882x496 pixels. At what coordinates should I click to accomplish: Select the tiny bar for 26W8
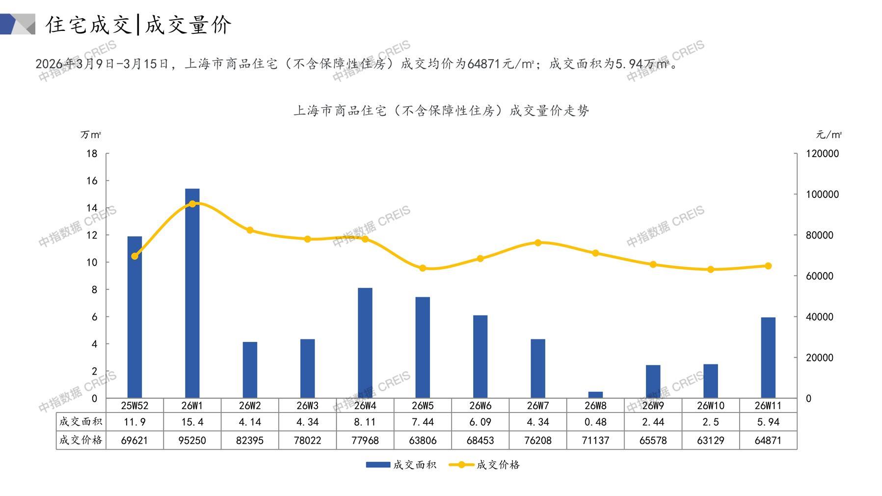click(x=595, y=395)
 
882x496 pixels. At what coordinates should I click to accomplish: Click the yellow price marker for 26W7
click(x=538, y=243)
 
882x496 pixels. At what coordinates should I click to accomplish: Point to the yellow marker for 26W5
click(x=423, y=268)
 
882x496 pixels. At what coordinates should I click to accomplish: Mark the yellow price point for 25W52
click(x=135, y=256)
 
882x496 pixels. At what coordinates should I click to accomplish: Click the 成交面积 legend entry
click(x=401, y=465)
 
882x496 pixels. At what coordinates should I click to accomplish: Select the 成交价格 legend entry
click(x=484, y=465)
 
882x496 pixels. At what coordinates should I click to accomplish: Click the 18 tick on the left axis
click(x=92, y=154)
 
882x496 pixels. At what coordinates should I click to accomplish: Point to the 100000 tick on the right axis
click(x=822, y=194)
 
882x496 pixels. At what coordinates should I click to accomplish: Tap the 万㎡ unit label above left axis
click(x=91, y=135)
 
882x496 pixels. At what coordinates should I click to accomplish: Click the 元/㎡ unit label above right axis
click(x=829, y=135)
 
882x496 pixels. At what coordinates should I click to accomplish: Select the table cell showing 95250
click(x=192, y=441)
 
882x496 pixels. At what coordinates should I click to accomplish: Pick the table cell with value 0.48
click(x=595, y=422)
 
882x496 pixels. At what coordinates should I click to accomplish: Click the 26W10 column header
click(x=711, y=406)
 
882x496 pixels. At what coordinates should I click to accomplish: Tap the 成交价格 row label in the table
click(x=80, y=440)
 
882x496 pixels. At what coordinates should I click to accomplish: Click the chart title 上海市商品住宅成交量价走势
click(x=441, y=110)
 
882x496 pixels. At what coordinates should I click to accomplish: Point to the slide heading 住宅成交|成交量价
click(x=138, y=25)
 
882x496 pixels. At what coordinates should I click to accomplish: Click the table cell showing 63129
click(x=711, y=441)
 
